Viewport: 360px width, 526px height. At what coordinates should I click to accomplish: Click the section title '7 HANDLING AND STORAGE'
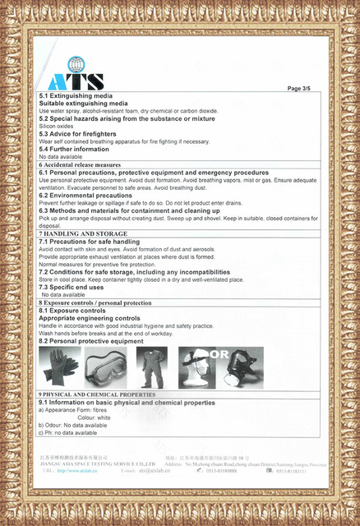[83, 233]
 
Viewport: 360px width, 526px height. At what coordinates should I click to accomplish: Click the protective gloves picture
[60, 367]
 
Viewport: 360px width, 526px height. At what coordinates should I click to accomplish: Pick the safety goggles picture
[105, 367]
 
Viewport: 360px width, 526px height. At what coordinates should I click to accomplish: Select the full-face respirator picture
[245, 368]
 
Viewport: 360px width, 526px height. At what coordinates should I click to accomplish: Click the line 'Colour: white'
[94, 418]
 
